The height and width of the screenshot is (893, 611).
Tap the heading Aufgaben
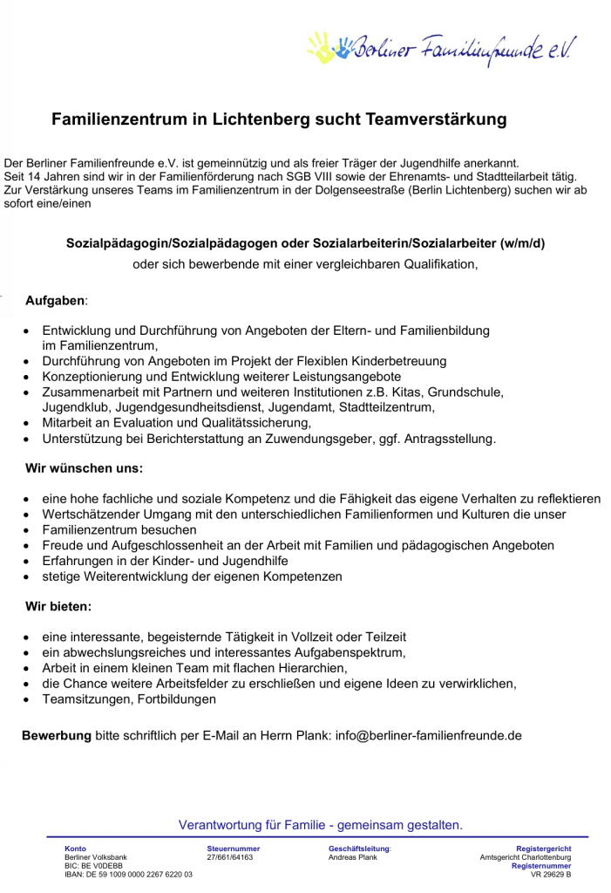55,301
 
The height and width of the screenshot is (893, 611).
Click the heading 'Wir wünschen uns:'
84,468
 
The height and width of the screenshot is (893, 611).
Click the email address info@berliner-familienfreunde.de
428,735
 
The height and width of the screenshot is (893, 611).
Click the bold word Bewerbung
57,735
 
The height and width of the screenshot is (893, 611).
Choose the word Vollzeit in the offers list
302,637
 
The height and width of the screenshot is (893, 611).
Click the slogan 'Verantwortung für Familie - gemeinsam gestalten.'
321,825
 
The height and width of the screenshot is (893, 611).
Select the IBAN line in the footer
129,874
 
